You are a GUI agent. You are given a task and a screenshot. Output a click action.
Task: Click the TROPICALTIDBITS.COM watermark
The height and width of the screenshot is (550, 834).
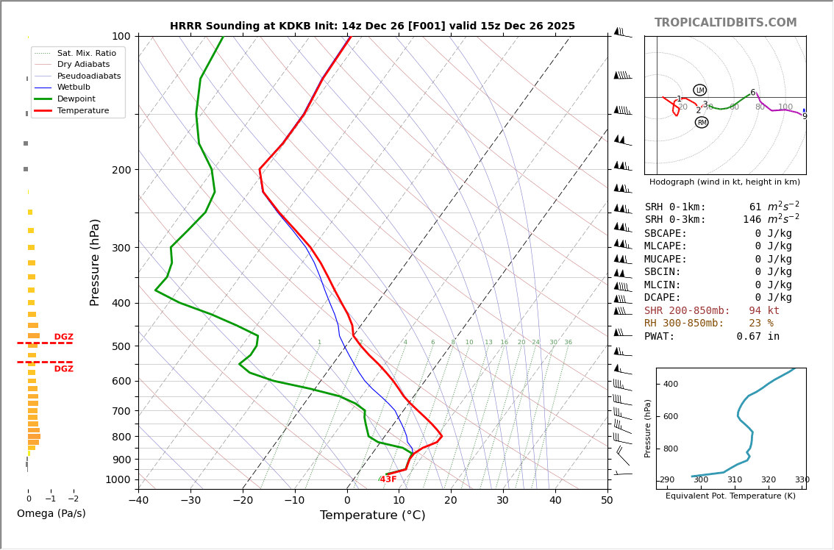click(725, 23)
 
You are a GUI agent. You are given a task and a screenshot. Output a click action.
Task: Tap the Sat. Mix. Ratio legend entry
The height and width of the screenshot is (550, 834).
click(86, 53)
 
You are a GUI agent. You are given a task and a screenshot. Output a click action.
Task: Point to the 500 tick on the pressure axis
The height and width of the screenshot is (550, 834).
click(121, 346)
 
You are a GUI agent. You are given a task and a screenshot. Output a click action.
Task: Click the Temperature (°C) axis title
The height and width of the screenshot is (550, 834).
click(372, 515)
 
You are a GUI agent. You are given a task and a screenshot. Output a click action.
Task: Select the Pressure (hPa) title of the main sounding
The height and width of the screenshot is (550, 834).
click(95, 262)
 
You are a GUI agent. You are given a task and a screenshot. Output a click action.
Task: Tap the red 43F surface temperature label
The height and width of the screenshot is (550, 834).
click(388, 479)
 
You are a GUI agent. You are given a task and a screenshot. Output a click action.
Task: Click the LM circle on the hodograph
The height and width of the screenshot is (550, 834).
click(699, 90)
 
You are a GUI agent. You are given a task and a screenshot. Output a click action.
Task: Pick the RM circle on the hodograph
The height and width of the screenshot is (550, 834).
click(702, 122)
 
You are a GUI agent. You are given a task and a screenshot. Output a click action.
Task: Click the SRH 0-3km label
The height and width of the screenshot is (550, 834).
click(675, 220)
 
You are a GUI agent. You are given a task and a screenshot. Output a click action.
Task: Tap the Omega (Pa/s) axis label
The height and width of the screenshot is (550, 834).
click(51, 513)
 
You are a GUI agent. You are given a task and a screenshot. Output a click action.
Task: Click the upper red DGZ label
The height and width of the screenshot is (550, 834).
click(63, 337)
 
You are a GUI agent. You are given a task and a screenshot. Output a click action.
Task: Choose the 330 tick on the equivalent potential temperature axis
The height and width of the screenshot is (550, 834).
click(802, 480)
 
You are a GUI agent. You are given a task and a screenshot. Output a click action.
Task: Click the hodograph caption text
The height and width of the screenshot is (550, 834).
click(724, 182)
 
